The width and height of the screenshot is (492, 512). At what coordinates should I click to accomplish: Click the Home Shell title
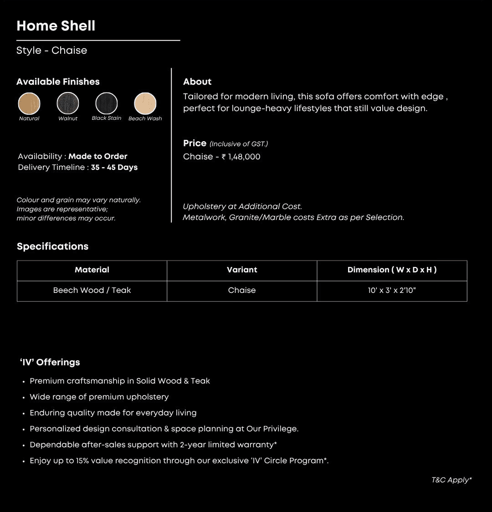pyautogui.click(x=56, y=26)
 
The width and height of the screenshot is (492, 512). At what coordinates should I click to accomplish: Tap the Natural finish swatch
pyautogui.click(x=29, y=103)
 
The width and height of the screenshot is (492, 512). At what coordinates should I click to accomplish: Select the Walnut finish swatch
pyautogui.click(x=68, y=103)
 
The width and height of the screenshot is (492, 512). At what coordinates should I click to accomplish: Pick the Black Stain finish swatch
pyautogui.click(x=107, y=103)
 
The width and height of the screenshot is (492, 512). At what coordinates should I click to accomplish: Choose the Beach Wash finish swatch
pyautogui.click(x=145, y=103)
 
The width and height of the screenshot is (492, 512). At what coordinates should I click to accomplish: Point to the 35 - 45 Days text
pyautogui.click(x=114, y=167)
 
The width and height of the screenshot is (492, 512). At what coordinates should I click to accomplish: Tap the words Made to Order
pyautogui.click(x=98, y=156)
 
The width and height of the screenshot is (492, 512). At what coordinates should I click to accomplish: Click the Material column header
pyautogui.click(x=92, y=270)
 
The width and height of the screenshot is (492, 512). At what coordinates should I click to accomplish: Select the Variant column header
pyautogui.click(x=242, y=270)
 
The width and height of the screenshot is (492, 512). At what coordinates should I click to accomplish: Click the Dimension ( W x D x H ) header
pyautogui.click(x=392, y=270)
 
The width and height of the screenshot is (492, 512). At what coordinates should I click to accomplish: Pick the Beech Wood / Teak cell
pyautogui.click(x=92, y=290)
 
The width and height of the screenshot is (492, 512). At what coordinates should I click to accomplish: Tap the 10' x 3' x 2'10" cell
pyautogui.click(x=392, y=290)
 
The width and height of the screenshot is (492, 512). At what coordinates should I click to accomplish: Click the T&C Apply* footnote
pyautogui.click(x=451, y=480)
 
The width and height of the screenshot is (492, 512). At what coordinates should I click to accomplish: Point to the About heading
pyautogui.click(x=197, y=82)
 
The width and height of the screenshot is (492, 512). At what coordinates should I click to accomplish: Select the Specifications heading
pyautogui.click(x=52, y=246)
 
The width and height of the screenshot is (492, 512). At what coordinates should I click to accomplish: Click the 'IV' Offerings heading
pyautogui.click(x=50, y=362)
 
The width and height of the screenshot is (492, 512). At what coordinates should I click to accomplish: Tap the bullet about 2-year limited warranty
pyautogui.click(x=153, y=445)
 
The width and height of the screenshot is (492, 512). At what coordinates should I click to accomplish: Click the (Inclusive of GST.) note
pyautogui.click(x=239, y=144)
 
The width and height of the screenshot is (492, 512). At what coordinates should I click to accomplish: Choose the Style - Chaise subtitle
pyautogui.click(x=51, y=51)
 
